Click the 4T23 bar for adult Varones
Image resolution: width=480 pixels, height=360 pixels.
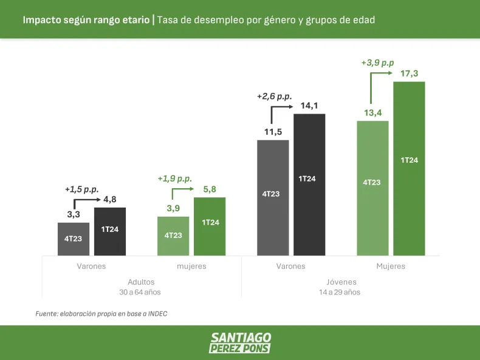point(74,239)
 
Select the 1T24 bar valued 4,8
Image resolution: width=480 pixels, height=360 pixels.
point(110,231)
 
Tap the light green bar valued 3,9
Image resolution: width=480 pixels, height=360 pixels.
point(173,236)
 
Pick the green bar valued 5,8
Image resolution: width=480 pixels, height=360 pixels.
point(210,226)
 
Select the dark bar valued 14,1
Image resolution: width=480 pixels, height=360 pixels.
point(309,184)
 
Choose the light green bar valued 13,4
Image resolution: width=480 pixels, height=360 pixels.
point(372,188)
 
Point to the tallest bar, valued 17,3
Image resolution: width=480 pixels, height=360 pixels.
point(409,168)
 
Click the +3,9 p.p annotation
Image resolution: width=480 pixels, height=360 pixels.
point(377,63)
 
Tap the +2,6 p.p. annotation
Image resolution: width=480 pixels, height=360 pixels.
point(274,96)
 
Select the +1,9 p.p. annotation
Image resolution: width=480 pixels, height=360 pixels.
point(174,178)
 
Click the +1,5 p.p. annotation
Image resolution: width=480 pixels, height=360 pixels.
point(82,189)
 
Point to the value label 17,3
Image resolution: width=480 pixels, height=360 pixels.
point(409,73)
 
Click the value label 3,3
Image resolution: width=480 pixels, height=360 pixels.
point(74,214)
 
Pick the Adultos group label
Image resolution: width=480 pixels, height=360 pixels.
point(141,282)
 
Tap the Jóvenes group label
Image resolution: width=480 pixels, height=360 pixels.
point(340,282)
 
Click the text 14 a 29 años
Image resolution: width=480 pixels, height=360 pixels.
point(340,292)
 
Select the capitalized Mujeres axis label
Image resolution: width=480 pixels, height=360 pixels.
point(390,266)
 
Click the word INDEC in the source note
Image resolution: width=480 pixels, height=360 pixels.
point(156,314)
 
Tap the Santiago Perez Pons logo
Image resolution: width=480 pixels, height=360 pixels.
point(240,342)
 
